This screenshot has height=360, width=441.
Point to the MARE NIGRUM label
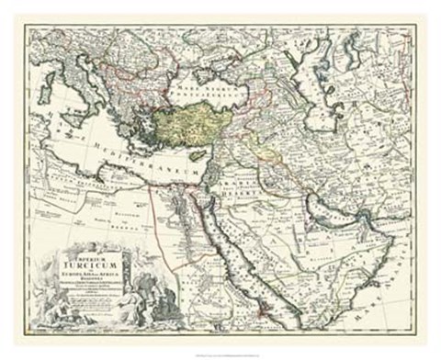point(205,84)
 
